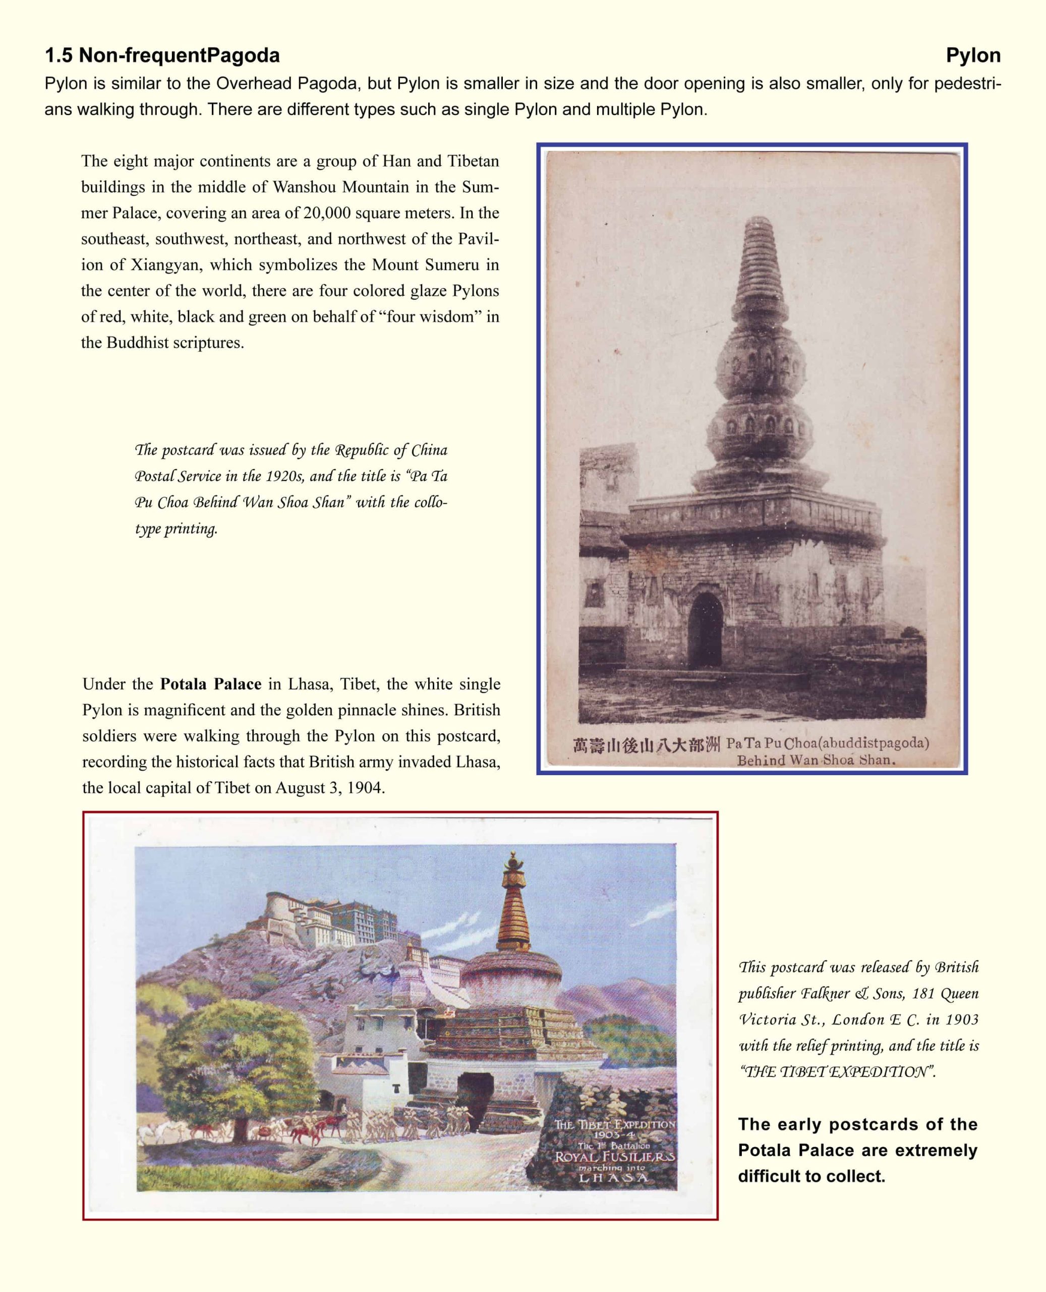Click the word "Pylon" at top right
[972, 56]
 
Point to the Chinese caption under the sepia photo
[646, 745]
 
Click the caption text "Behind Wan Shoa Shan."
[816, 760]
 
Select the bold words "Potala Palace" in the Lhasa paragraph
[210, 684]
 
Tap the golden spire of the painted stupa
[513, 905]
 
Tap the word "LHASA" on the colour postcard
[613, 1178]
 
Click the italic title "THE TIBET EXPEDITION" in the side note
[838, 1072]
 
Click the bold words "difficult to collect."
[811, 1176]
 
